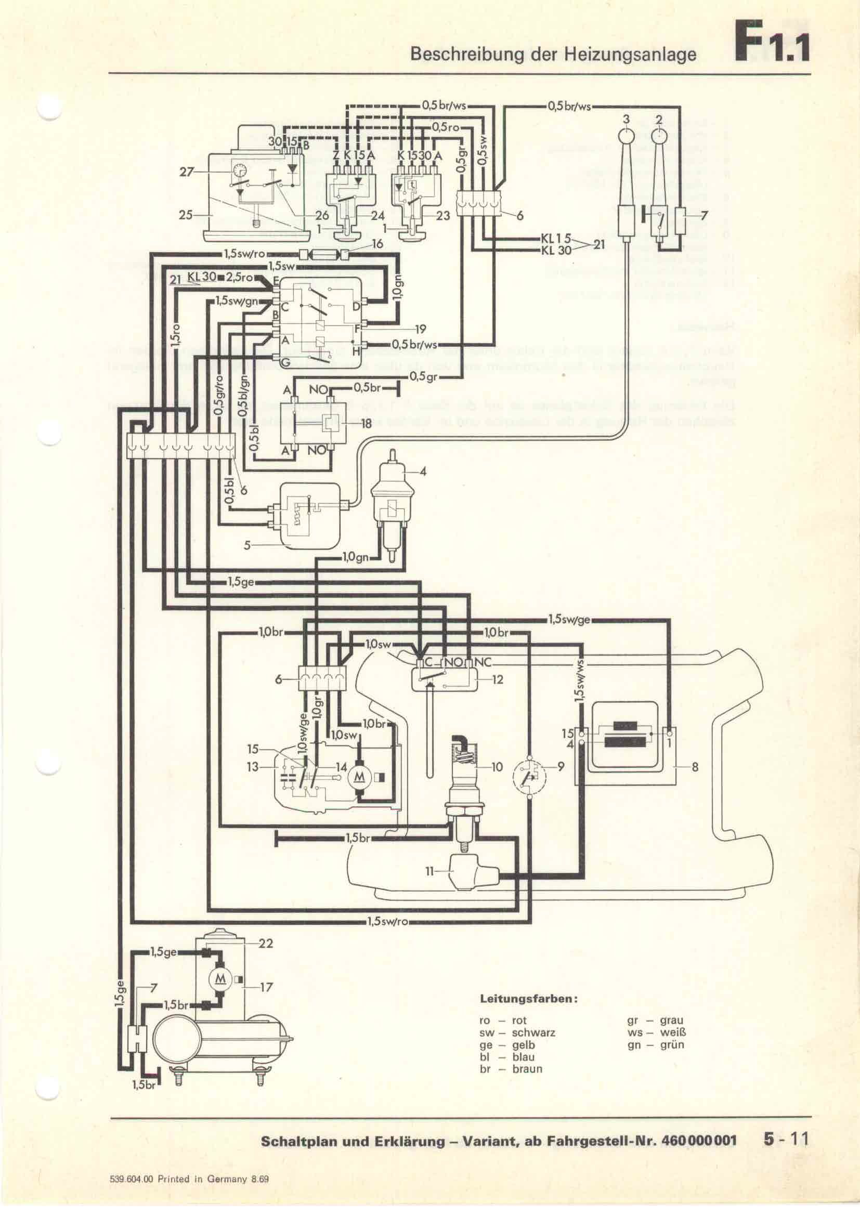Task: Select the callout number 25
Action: click(185, 216)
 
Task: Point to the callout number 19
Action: click(420, 330)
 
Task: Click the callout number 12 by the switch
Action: click(497, 679)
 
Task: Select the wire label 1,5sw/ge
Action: click(569, 621)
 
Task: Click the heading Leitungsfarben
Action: click(528, 999)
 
